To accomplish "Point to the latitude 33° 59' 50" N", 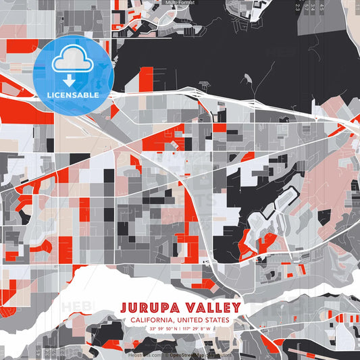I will pyautogui.click(x=164, y=328).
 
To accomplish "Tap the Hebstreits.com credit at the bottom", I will pyautogui.click(x=143, y=354).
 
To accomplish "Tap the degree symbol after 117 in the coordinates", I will pyautogui.click(x=191, y=327).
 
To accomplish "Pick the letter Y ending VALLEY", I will pyautogui.click(x=236, y=307).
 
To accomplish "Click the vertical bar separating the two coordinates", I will pyautogui.click(x=180, y=328).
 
